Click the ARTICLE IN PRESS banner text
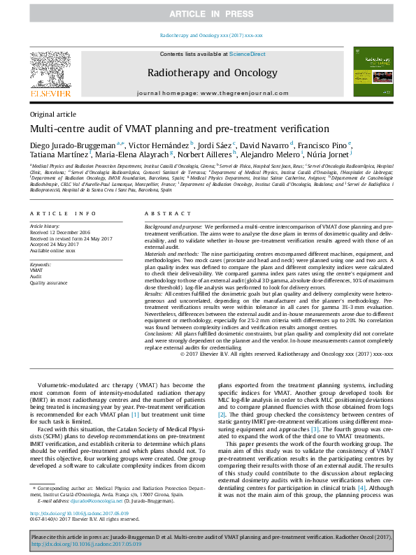(x=208, y=13)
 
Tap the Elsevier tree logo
(x=50, y=71)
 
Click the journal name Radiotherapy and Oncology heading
(x=208, y=73)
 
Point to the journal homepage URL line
(x=208, y=92)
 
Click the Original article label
(x=53, y=114)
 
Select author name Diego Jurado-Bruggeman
(x=73, y=144)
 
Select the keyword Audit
(x=36, y=276)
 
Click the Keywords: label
(x=41, y=265)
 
